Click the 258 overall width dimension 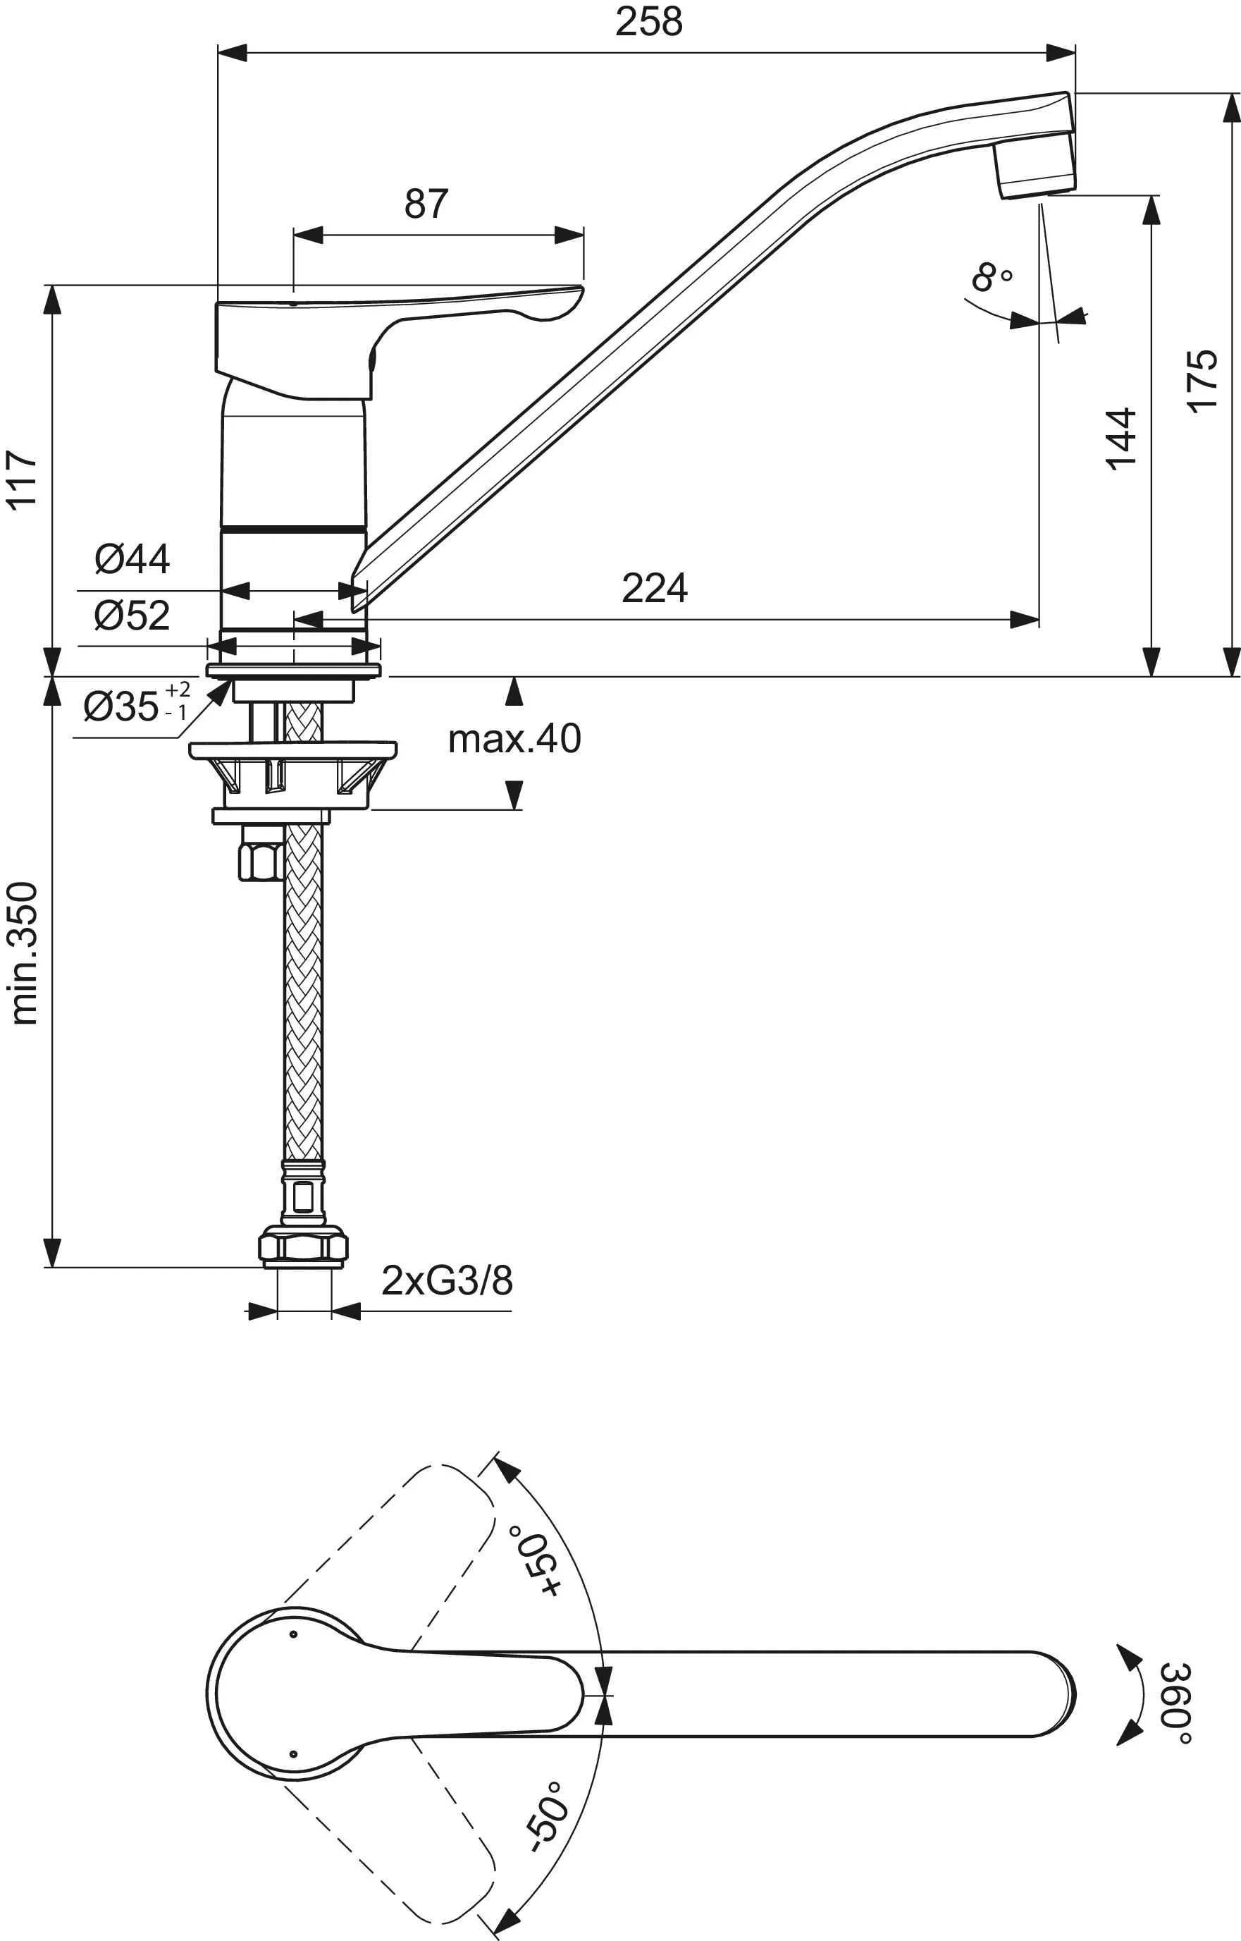pyautogui.click(x=649, y=22)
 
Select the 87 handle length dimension pyautogui.click(x=426, y=204)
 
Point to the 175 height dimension pyautogui.click(x=1202, y=381)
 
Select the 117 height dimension pyautogui.click(x=23, y=479)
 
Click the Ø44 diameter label pyautogui.click(x=132, y=558)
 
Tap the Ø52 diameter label pyautogui.click(x=132, y=616)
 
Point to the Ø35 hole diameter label pyautogui.click(x=135, y=706)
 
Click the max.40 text pyautogui.click(x=514, y=738)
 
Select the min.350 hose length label pyautogui.click(x=24, y=953)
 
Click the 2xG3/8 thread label pyautogui.click(x=447, y=1280)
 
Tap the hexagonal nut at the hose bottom pyautogui.click(x=303, y=1247)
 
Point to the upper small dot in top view pyautogui.click(x=293, y=1634)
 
